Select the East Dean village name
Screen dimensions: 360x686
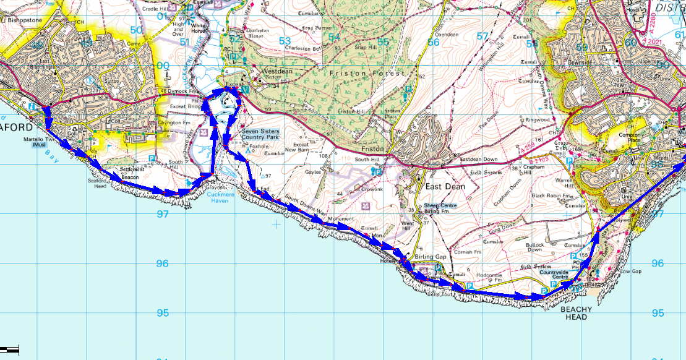point(440,186)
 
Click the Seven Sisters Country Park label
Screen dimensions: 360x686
point(260,135)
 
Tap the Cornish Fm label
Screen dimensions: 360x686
point(468,252)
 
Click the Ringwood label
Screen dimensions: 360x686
point(538,119)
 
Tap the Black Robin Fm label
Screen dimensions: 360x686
point(547,195)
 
